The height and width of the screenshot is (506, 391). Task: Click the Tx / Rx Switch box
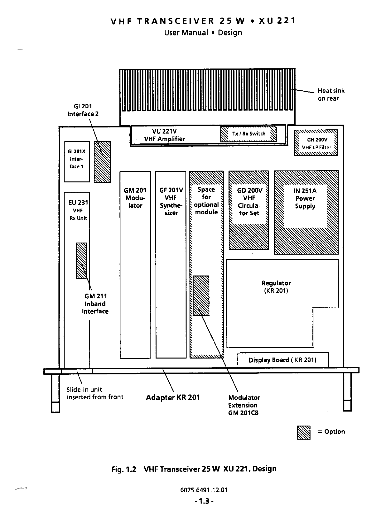pyautogui.click(x=249, y=134)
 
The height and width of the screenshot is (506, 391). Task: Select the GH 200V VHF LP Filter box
pyautogui.click(x=316, y=143)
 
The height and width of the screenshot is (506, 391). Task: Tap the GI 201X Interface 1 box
pyautogui.click(x=77, y=159)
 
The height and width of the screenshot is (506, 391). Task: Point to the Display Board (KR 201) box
pyautogui.click(x=282, y=360)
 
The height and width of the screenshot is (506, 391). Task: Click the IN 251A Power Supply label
pyautogui.click(x=305, y=198)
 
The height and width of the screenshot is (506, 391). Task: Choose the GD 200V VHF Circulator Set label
pyautogui.click(x=249, y=202)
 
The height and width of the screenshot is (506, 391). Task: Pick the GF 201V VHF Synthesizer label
pyautogui.click(x=171, y=202)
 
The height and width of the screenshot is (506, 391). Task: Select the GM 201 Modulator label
pyautogui.click(x=135, y=198)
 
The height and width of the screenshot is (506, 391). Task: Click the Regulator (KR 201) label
pyautogui.click(x=276, y=287)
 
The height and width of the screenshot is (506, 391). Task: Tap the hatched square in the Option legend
pyautogui.click(x=303, y=432)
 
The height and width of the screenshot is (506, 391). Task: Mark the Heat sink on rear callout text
pyautogui.click(x=331, y=95)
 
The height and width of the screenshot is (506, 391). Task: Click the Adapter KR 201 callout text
pyautogui.click(x=173, y=398)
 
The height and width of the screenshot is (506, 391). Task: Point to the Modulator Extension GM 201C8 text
pyautogui.click(x=244, y=405)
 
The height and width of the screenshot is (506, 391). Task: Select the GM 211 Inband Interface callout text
pyautogui.click(x=95, y=304)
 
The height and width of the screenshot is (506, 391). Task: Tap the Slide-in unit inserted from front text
pyautogui.click(x=95, y=393)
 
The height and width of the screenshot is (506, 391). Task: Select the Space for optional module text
pyautogui.click(x=206, y=201)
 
